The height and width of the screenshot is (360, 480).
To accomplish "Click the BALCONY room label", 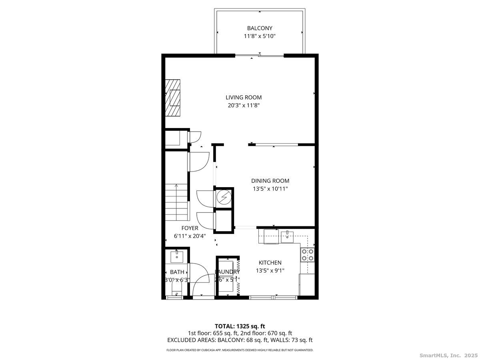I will tap(260, 28).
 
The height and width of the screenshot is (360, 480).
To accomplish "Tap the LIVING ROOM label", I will tap(244, 97).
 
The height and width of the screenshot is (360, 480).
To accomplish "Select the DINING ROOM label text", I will tap(270, 181).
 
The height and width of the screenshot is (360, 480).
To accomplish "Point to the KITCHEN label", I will tap(270, 263).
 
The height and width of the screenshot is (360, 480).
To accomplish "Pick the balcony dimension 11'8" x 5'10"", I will tap(260, 36).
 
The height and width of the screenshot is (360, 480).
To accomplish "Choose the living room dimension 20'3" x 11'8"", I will tap(244, 106).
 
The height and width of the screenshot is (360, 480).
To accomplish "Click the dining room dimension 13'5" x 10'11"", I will tap(270, 189).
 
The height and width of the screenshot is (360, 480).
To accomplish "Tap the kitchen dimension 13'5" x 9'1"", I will tap(270, 271).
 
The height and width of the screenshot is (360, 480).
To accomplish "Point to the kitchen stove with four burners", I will tap(308, 255).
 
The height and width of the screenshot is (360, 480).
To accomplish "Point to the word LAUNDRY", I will tap(227, 272).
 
